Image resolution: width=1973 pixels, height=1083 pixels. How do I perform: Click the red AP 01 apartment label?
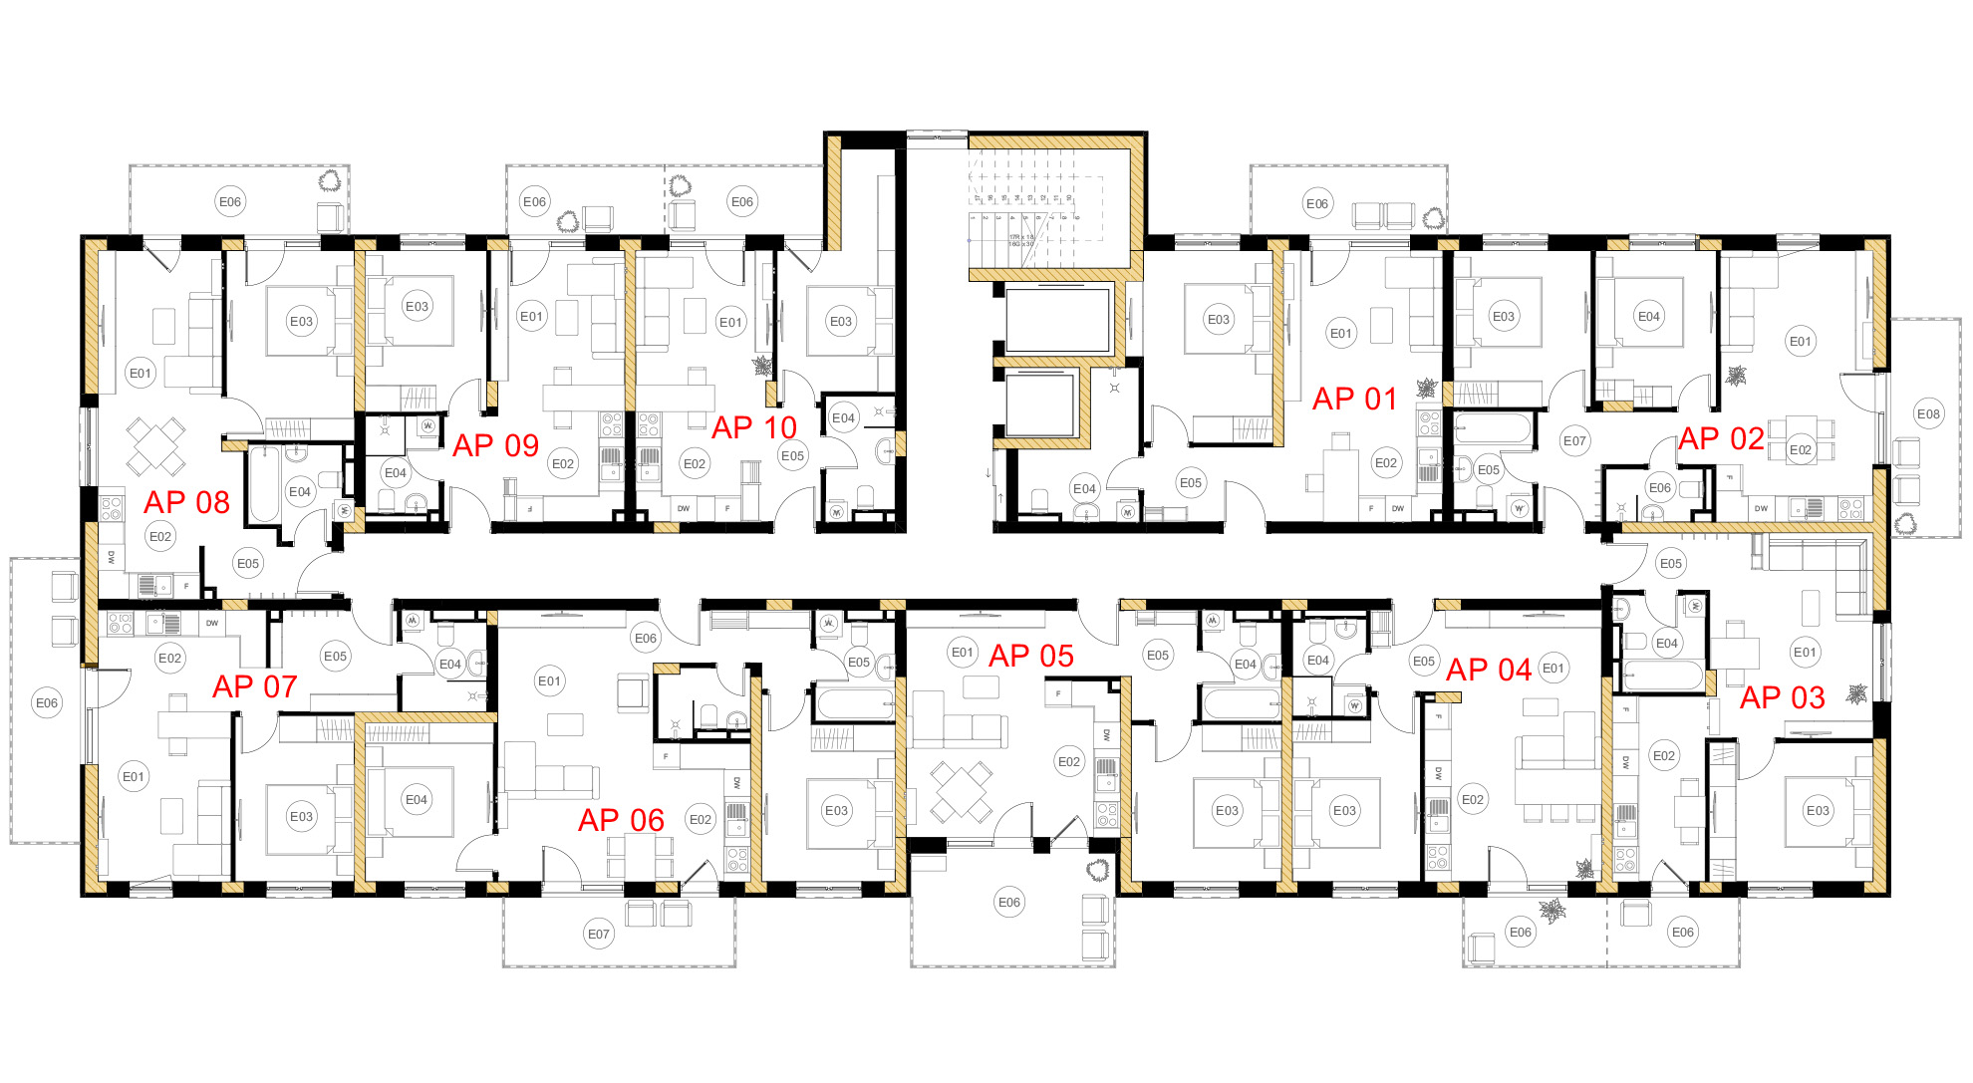[x=1354, y=399]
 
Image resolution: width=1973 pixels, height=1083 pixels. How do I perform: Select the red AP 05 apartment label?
[x=1030, y=656]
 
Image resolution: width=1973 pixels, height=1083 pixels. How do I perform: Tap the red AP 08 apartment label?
[x=186, y=502]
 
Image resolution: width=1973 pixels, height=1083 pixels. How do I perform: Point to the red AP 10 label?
[x=753, y=427]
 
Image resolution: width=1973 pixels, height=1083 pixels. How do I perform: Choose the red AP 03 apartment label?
[x=1782, y=697]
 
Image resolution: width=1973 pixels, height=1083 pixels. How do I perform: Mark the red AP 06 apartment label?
[x=621, y=820]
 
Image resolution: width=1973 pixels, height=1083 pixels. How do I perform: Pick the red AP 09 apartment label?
[x=495, y=445]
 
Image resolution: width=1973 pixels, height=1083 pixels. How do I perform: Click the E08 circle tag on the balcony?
[x=1928, y=413]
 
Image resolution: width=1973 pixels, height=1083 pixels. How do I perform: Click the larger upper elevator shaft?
[x=1057, y=320]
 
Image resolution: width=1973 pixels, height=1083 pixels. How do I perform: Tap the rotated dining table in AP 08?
[x=155, y=445]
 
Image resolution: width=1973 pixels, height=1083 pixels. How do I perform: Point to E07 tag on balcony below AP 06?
[x=598, y=934]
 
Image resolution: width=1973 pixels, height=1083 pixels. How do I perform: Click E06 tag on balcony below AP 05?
[x=1008, y=902]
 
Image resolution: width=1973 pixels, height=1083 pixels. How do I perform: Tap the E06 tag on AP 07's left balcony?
[x=46, y=702]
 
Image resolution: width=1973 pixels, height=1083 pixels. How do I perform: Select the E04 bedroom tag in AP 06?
[x=416, y=799]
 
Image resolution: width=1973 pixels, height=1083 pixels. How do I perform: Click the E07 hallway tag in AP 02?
[x=1573, y=440]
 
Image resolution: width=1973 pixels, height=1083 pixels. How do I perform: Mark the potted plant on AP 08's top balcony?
[x=331, y=181]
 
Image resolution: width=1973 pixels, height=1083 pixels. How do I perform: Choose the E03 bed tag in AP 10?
[x=840, y=321]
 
